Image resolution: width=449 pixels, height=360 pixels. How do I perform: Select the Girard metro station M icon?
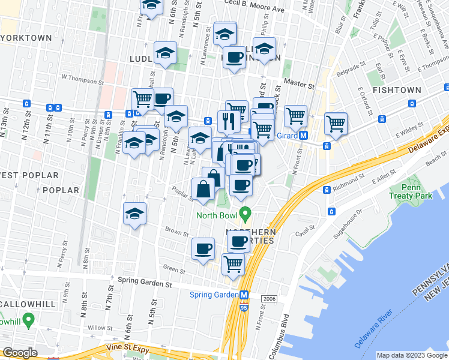(304, 136)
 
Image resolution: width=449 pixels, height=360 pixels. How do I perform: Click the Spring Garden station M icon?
(244, 295)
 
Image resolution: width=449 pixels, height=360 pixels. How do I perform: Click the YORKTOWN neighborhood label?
(26, 37)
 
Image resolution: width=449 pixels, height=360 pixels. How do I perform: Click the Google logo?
(20, 353)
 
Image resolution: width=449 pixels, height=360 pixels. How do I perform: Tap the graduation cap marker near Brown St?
(135, 214)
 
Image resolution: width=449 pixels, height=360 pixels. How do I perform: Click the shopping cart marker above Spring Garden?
(233, 264)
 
